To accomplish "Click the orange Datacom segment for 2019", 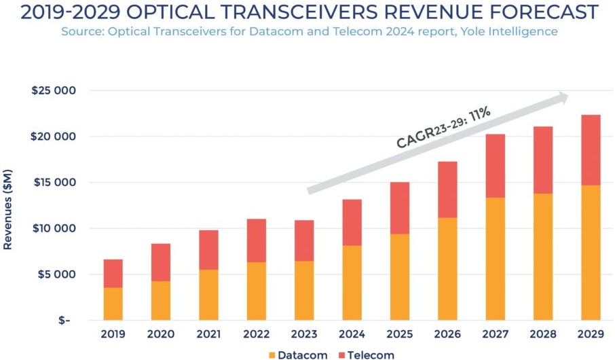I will (113, 304).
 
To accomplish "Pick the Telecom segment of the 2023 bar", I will (304, 240).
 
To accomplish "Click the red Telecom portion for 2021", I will (208, 250).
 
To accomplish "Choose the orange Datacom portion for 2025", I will (400, 276).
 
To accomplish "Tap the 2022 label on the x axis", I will (256, 334).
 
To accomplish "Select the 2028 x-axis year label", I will (543, 334).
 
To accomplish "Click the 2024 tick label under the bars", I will (352, 334).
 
